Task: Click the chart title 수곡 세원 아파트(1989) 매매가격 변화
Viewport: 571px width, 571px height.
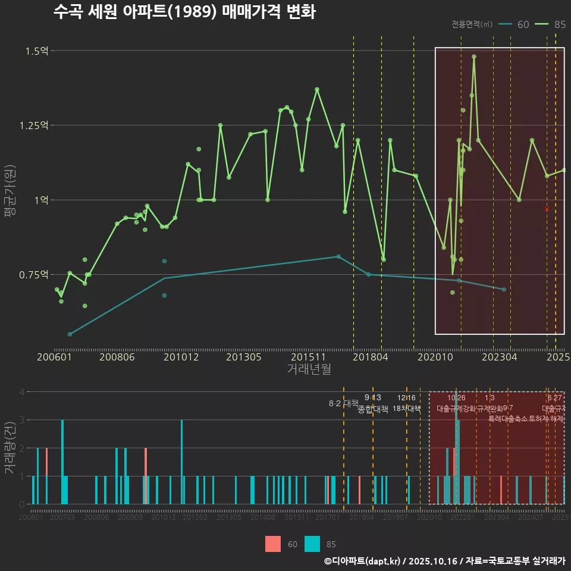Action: [184, 12]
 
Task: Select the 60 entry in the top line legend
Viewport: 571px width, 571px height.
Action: [523, 24]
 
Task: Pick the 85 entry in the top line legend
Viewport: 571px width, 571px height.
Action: [559, 24]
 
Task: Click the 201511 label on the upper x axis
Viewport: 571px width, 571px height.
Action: [308, 357]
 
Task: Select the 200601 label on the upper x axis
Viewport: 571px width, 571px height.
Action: [54, 357]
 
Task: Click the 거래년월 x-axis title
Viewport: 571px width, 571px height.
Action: [309, 369]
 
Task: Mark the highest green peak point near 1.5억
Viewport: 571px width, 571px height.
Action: [474, 57]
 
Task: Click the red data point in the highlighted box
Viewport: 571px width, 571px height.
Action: [547, 209]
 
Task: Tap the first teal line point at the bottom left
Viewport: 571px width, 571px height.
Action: [70, 334]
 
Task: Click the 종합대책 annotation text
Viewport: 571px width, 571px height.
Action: [373, 409]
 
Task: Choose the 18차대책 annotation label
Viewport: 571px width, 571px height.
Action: [407, 409]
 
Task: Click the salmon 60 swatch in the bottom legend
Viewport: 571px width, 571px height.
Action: [273, 544]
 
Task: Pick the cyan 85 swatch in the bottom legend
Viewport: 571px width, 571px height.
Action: [312, 544]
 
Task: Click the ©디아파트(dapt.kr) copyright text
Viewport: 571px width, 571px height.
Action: [363, 561]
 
